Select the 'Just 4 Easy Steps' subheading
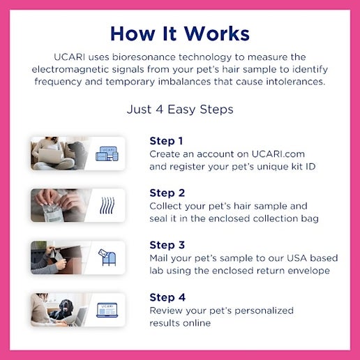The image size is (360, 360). (179, 110)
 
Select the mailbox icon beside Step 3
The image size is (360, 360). (107, 257)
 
